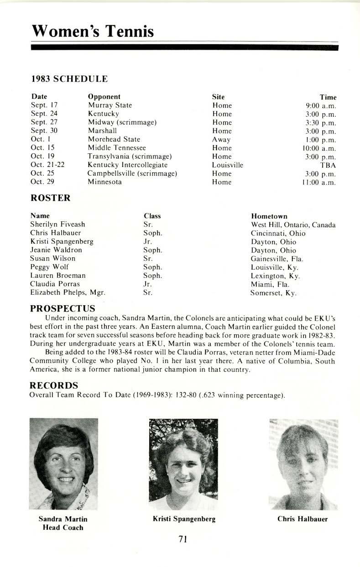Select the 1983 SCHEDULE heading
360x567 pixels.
point(69,79)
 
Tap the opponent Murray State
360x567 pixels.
point(110,105)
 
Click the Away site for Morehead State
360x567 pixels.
point(221,140)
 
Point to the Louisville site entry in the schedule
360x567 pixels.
point(227,165)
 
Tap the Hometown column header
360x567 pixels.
point(269,216)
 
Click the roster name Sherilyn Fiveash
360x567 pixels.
point(57,224)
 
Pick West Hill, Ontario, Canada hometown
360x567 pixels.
point(293,225)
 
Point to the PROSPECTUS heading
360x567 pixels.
point(63,309)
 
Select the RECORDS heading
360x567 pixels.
point(54,386)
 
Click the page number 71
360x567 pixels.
point(183,540)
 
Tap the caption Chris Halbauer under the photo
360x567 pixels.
point(303,519)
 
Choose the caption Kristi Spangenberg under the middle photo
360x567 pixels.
point(184,519)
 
